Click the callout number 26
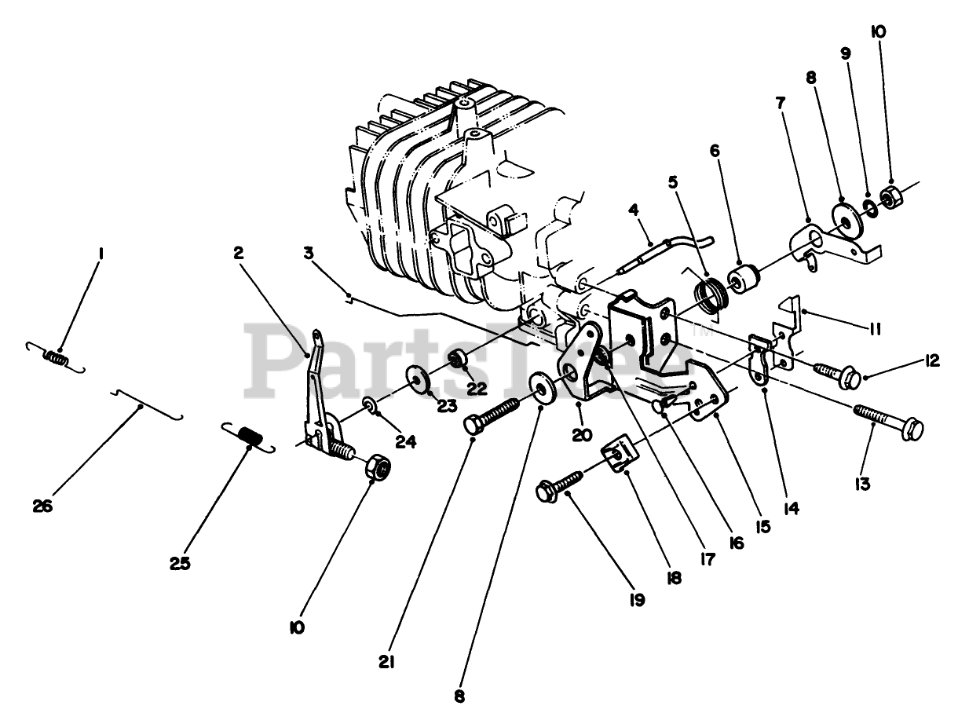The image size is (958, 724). coord(42,506)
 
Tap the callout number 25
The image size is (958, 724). coord(180,563)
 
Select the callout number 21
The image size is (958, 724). coord(386,662)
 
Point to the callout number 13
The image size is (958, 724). coord(863,484)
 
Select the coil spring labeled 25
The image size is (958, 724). coord(247,436)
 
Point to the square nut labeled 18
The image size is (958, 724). coord(616,455)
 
